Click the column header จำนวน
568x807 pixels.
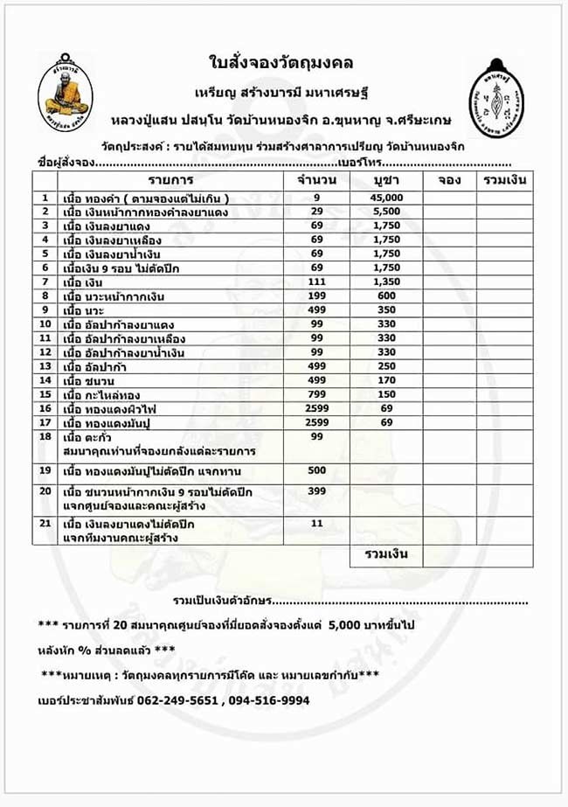tap(316, 180)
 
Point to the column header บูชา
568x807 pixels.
tap(385, 180)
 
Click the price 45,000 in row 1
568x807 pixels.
tap(385, 198)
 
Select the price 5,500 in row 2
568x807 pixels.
tap(385, 212)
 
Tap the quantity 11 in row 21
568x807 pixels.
tap(316, 523)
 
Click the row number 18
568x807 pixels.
tap(45, 436)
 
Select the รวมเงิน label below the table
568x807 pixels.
tap(385, 553)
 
